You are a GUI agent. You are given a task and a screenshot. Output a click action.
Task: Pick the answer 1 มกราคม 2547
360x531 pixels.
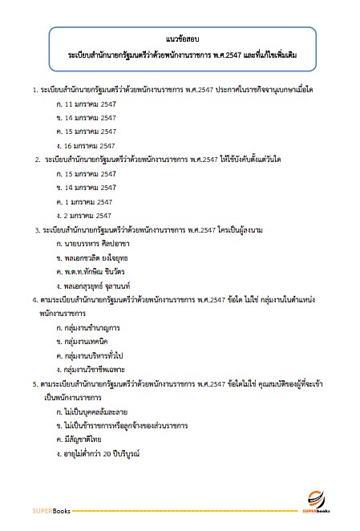(x=87, y=201)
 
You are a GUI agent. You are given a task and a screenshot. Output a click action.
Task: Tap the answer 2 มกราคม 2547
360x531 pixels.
(x=87, y=215)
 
